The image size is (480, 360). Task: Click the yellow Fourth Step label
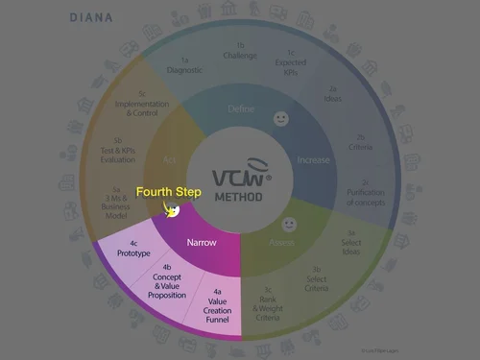168,192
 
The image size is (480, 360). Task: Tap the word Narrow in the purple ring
200,243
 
